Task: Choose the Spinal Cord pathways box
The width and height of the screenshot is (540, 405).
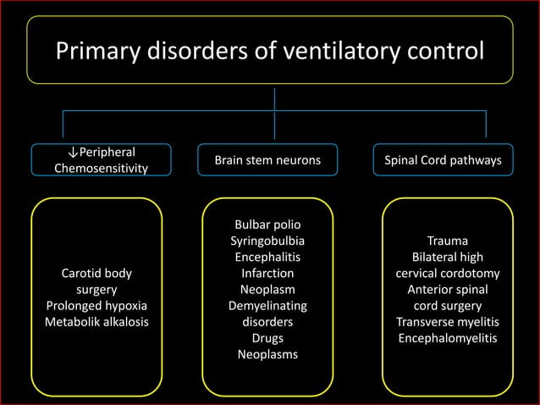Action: click(447, 159)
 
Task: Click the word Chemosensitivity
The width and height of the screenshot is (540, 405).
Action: click(100, 169)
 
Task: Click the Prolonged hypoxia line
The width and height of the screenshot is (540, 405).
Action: click(96, 306)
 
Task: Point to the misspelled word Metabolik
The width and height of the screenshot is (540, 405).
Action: click(71, 322)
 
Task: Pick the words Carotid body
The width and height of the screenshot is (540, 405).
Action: click(96, 274)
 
